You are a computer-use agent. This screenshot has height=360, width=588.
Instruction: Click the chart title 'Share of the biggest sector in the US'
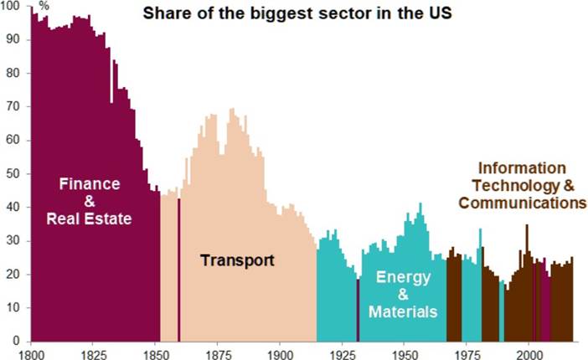[x=297, y=14]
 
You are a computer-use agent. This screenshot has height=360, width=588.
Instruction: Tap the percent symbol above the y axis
[x=44, y=8]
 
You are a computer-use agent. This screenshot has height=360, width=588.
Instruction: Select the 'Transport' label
[x=237, y=260]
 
